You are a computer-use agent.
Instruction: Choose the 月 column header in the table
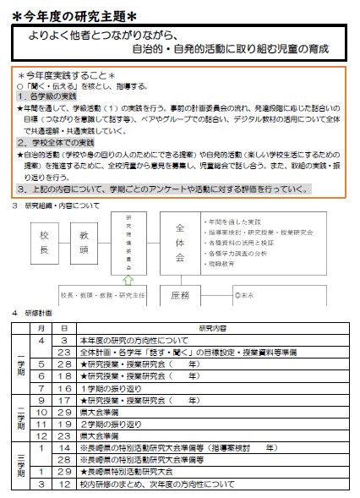point(41,326)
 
